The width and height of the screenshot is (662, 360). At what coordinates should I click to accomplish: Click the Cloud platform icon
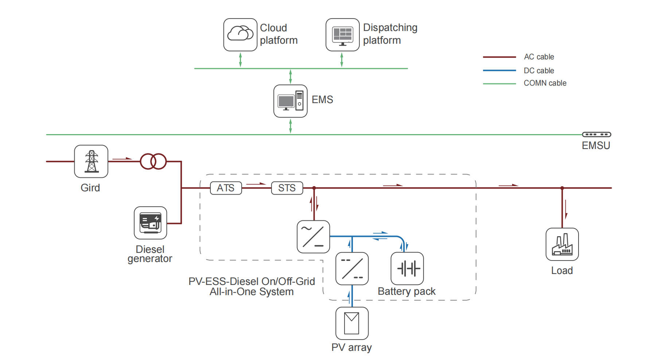240,35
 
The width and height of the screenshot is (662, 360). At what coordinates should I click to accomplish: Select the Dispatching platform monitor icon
342,35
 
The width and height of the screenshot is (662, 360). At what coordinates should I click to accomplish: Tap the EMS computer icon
290,101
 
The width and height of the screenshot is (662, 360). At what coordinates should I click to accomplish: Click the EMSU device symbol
596,134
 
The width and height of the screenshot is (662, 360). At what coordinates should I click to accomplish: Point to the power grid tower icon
91,161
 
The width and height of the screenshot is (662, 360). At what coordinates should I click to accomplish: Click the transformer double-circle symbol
153,161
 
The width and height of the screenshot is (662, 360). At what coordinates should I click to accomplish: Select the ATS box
226,188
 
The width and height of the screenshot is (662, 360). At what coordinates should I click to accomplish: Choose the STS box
287,188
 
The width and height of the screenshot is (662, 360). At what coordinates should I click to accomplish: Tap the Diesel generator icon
150,223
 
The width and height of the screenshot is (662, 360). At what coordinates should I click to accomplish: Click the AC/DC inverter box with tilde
313,236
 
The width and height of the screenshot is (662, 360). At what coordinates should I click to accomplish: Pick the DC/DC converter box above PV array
352,269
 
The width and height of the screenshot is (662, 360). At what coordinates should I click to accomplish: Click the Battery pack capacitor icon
407,269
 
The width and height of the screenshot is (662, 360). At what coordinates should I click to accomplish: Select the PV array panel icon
352,323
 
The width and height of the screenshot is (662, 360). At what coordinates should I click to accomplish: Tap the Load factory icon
562,244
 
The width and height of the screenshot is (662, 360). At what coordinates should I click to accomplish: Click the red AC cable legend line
499,57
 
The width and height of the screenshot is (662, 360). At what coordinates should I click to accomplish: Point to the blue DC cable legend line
499,70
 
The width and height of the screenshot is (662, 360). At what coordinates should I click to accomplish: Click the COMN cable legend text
545,83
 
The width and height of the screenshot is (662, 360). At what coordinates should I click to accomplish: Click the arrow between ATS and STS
256,184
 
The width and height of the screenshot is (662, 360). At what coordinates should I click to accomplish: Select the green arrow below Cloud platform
240,60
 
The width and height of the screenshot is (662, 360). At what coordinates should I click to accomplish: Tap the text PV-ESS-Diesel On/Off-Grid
252,281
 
